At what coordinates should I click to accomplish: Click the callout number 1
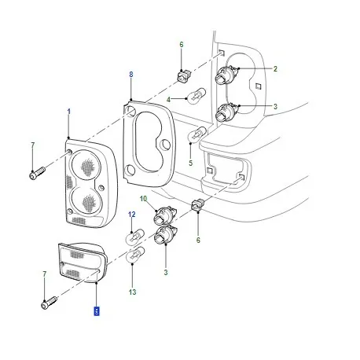coord(68,112)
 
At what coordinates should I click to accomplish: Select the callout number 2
coord(275,70)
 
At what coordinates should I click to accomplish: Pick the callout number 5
coord(190,163)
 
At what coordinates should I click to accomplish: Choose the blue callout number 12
coord(132,214)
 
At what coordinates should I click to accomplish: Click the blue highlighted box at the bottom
coord(96,310)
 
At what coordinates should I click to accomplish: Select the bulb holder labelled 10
coord(165,215)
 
